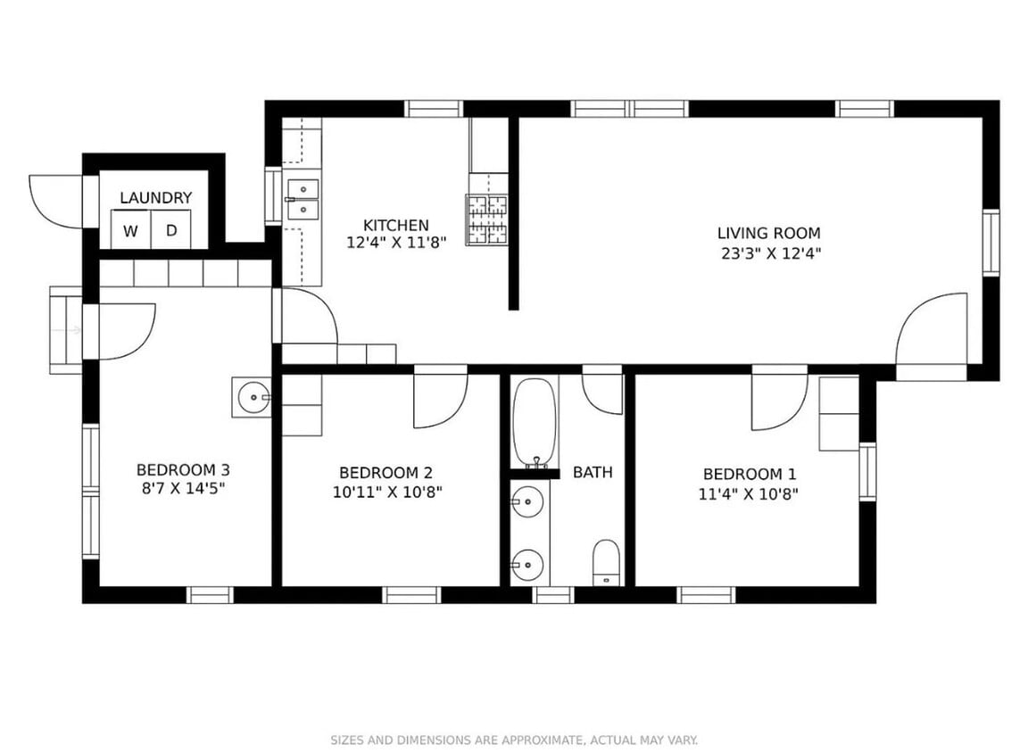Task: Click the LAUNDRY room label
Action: pos(155,198)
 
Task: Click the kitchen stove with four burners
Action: pos(486,220)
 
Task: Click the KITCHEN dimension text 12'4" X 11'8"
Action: pos(395,242)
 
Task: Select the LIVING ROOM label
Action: pos(768,234)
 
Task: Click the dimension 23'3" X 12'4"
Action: pos(768,253)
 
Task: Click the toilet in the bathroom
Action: pos(606,562)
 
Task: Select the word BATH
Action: pos(593,472)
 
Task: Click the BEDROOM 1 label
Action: pos(749,474)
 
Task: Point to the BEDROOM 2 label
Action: pos(385,472)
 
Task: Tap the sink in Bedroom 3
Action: pos(253,396)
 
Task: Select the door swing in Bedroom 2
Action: pos(439,400)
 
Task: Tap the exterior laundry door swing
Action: pos(55,202)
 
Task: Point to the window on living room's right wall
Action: pos(990,242)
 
